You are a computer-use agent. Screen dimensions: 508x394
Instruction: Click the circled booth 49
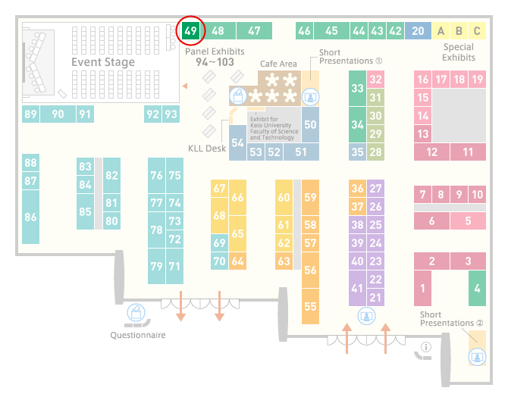(190, 31)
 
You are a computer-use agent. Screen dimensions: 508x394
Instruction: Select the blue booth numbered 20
(418, 31)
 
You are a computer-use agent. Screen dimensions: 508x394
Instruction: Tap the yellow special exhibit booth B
(459, 31)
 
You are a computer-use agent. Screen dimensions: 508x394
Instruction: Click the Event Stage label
(103, 62)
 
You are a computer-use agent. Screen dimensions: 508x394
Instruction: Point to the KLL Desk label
(207, 149)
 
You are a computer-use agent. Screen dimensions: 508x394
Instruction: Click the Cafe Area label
(278, 64)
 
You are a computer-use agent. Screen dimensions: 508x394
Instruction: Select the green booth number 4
(477, 288)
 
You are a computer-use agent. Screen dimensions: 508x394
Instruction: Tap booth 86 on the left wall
(30, 217)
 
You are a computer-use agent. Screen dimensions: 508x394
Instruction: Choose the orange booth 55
(310, 306)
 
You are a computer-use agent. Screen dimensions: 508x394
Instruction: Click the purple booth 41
(357, 288)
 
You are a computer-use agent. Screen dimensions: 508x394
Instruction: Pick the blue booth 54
(237, 142)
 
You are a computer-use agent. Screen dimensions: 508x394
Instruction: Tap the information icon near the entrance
(425, 347)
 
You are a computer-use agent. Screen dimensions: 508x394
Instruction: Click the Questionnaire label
(138, 335)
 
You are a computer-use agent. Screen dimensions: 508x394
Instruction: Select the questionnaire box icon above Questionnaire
(136, 313)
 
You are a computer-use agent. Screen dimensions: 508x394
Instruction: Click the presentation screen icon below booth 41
(366, 316)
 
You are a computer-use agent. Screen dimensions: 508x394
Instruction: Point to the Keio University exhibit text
(274, 128)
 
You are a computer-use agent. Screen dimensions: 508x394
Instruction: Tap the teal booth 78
(156, 230)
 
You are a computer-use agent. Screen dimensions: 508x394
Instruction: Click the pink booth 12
(431, 152)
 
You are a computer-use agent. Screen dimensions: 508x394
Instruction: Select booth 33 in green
(357, 88)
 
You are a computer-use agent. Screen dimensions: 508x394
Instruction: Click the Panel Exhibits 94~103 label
(215, 57)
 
